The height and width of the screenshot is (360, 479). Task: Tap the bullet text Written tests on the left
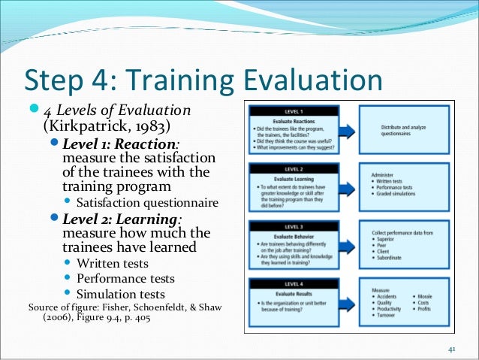coord(113,263)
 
